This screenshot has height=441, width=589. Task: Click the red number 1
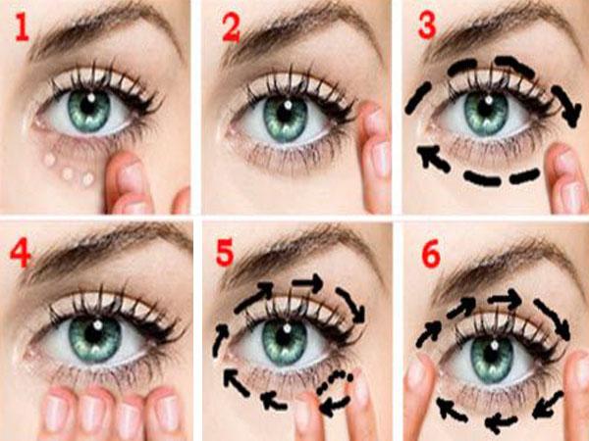[22, 27]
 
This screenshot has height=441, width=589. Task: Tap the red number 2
[231, 27]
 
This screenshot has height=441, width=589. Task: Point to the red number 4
[20, 254]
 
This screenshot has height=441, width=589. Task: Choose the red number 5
[225, 253]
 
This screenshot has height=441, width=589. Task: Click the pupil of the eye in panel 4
[95, 332]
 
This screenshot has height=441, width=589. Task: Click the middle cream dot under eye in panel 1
[68, 173]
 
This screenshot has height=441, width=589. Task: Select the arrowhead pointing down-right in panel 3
[572, 114]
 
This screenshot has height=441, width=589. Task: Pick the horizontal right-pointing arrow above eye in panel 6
[505, 298]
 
